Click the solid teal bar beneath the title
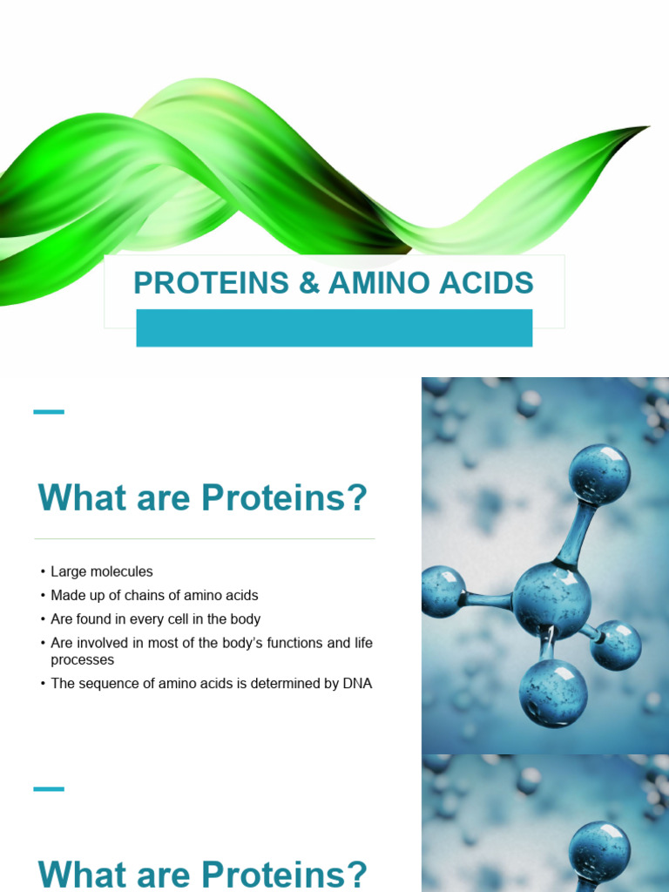click(334, 328)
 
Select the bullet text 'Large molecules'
click(101, 571)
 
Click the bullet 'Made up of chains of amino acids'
click(154, 596)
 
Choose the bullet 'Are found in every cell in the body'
click(155, 619)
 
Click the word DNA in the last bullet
click(356, 684)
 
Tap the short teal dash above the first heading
click(49, 411)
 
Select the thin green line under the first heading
click(205, 539)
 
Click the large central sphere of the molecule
click(551, 600)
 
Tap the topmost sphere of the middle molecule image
click(599, 475)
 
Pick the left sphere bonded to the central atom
click(442, 591)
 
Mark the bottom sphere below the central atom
click(552, 693)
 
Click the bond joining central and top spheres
click(576, 533)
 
